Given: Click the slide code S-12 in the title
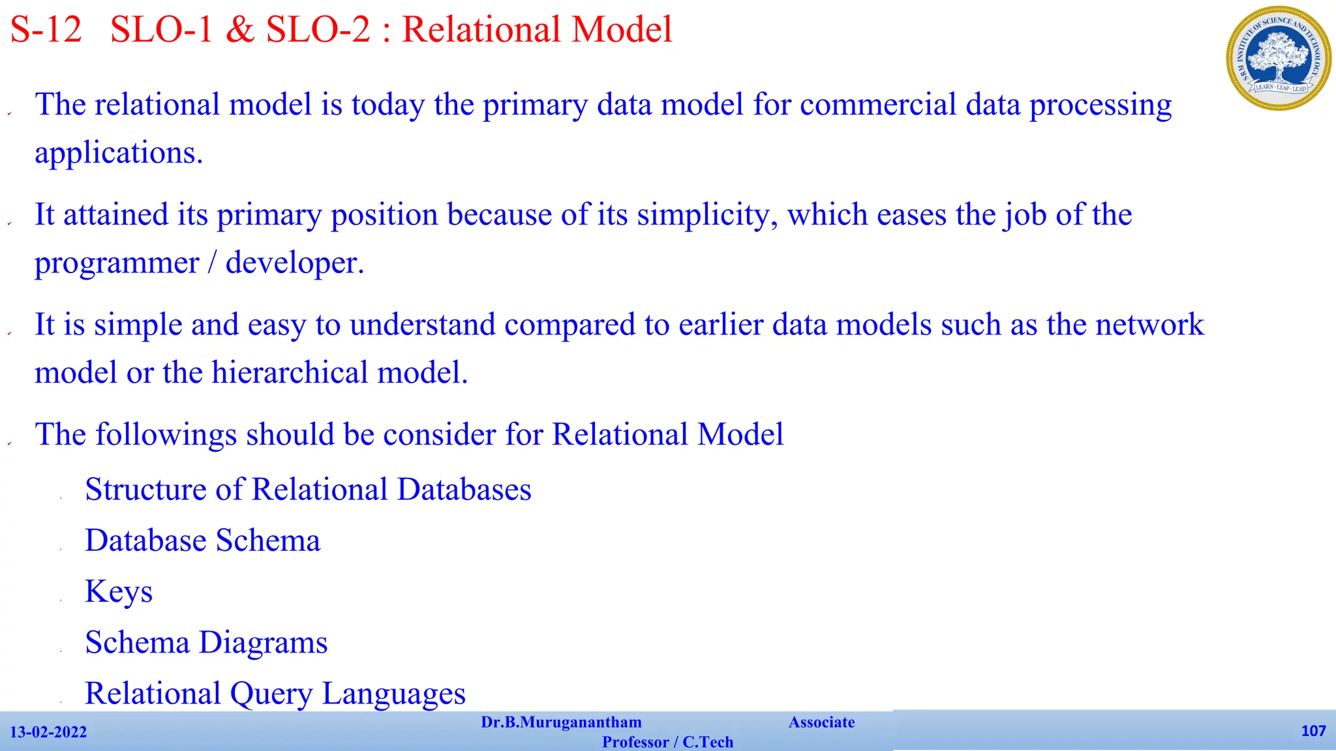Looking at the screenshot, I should pyautogui.click(x=46, y=30).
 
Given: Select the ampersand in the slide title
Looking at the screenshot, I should pyautogui.click(x=240, y=30).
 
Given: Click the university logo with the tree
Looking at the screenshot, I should pyautogui.click(x=1278, y=58).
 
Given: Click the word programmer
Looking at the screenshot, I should pyautogui.click(x=117, y=263).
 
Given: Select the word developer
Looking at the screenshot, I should pyautogui.click(x=294, y=263).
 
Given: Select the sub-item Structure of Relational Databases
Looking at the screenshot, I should pyautogui.click(x=308, y=490).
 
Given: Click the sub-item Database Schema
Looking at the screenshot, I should pyautogui.click(x=203, y=540).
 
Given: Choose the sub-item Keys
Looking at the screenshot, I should pyautogui.click(x=119, y=592).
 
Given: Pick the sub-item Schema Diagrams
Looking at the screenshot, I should pyautogui.click(x=206, y=643).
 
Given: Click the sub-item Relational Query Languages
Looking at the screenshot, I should pyautogui.click(x=275, y=694).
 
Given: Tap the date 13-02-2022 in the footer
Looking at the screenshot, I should pyautogui.click(x=48, y=732).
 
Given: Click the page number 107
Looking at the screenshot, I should pyautogui.click(x=1313, y=731).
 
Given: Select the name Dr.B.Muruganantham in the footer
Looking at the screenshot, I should pyautogui.click(x=561, y=722).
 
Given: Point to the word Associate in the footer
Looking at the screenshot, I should pyautogui.click(x=821, y=722).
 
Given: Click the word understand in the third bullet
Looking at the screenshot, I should pyautogui.click(x=422, y=325).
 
